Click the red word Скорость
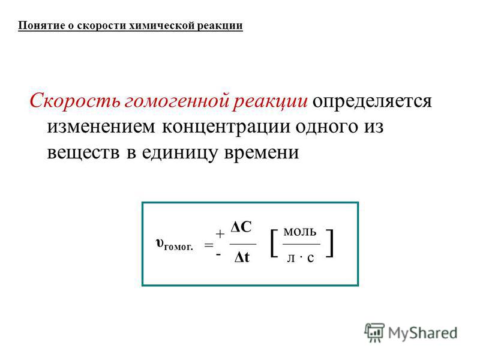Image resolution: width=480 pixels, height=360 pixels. [75, 101]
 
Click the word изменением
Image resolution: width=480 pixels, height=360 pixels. [101, 127]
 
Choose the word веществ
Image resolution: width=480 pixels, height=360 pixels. [83, 152]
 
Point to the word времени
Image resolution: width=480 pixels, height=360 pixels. [262, 152]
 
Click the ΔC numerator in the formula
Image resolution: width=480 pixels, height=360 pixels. [241, 227]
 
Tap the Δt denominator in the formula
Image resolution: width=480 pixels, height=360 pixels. [242, 257]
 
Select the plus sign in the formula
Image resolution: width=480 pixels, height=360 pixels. [220, 235]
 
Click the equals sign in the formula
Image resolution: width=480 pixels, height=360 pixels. [209, 245]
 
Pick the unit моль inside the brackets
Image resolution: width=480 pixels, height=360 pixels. [300, 232]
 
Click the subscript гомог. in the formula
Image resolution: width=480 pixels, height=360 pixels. [179, 247]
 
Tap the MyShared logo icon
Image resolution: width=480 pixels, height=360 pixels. [374, 332]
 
